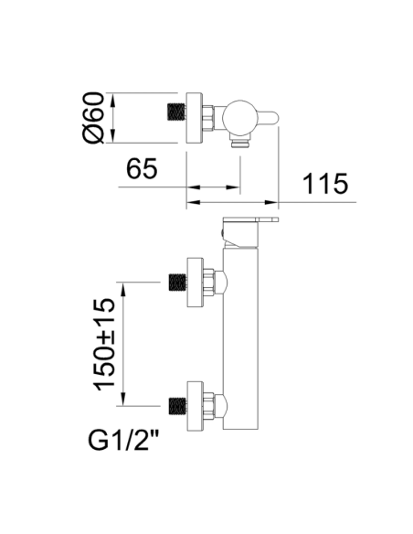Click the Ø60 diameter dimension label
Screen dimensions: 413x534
coord(93,118)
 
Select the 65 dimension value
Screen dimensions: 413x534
coord(142,168)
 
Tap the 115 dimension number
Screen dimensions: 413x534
coord(325,184)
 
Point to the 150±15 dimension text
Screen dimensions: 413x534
coord(105,345)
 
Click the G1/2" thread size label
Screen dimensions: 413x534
coord(123,440)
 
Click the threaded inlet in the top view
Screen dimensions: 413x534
coord(177,112)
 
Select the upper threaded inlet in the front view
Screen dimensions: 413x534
coord(178,282)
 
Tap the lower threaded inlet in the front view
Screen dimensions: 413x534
coord(178,406)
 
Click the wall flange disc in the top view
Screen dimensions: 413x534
coord(195,117)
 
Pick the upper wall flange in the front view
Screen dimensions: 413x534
coord(196,282)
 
